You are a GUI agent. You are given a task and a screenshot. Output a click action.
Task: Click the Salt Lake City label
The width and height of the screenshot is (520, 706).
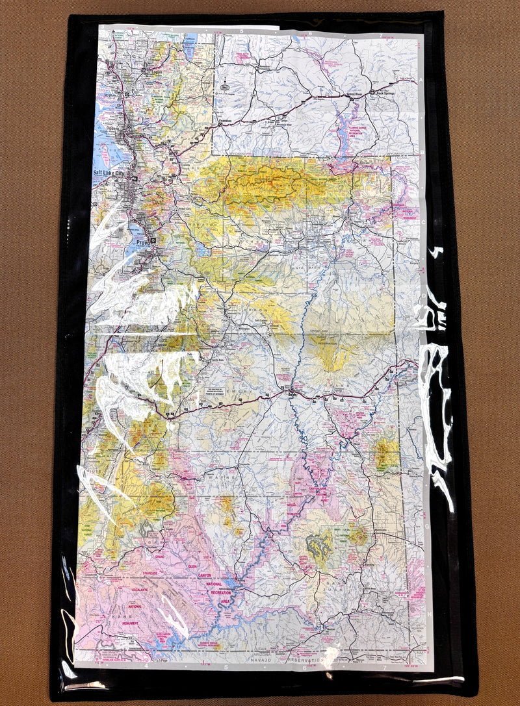pos(112,173)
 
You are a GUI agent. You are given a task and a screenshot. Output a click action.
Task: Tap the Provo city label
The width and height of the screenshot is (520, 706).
pos(142,242)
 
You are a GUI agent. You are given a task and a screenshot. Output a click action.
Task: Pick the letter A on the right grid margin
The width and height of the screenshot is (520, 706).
pos(422,79)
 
